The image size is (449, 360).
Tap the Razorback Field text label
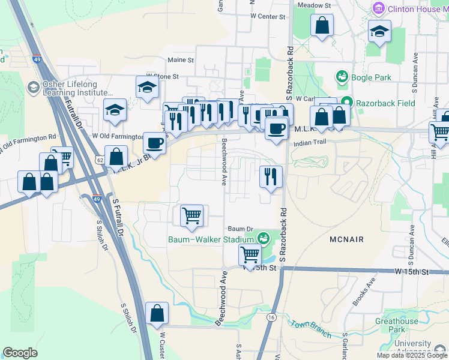click(385, 103)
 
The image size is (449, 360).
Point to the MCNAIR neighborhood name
click(347, 239)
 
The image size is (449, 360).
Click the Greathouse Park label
click(397, 325)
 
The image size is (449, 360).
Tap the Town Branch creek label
click(310, 328)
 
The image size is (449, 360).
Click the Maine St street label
click(181, 60)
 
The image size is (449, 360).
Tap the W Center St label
click(267, 16)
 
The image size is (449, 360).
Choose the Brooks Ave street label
click(364, 292)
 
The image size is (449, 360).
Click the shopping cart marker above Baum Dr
click(191, 215)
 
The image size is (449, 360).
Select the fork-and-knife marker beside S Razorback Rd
click(270, 176)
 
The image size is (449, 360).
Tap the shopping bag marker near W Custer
click(157, 313)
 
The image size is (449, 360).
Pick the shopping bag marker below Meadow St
click(322, 25)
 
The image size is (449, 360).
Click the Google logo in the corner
click(20, 353)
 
